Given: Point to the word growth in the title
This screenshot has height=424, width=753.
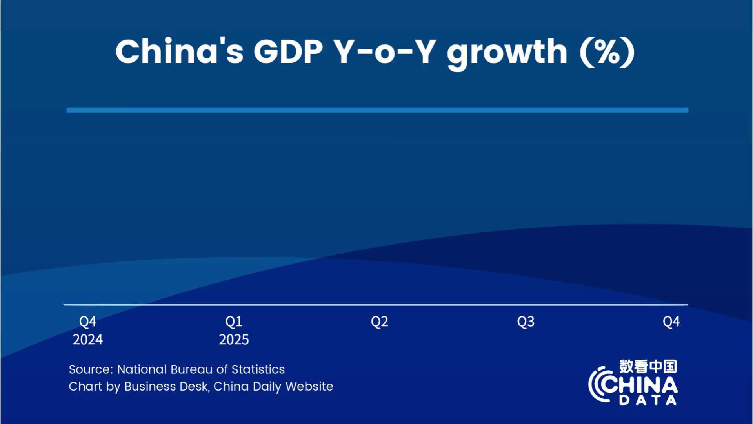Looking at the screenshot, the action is (507, 54).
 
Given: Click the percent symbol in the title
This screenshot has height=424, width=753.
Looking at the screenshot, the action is (607, 52).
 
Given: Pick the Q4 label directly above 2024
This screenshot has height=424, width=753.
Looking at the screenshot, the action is (87, 322).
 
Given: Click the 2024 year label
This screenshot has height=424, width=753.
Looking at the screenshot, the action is (87, 340).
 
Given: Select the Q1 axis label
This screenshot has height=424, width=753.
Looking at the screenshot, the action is (234, 322).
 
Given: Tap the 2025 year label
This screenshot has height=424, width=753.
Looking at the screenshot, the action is (234, 340).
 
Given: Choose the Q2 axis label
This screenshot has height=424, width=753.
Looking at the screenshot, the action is (380, 322).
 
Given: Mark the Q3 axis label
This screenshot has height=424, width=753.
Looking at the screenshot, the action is (526, 322).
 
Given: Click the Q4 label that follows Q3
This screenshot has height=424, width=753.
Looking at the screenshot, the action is (671, 322).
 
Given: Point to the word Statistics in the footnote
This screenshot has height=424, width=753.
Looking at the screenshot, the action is (258, 369).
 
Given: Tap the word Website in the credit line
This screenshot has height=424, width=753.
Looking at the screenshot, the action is (309, 386).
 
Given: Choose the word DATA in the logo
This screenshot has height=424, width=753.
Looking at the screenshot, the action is (648, 400).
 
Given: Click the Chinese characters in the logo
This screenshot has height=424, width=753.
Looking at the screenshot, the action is (648, 366).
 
